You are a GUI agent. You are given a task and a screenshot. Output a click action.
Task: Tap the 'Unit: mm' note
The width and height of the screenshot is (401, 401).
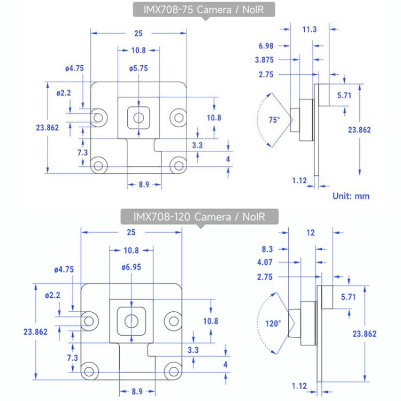click(351, 196)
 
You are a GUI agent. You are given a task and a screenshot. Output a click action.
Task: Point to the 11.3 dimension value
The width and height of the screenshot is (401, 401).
click(309, 30)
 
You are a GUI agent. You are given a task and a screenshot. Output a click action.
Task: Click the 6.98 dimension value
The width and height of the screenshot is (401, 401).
click(266, 45)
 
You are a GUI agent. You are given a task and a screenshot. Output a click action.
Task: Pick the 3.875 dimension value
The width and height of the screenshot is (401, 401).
click(266, 59)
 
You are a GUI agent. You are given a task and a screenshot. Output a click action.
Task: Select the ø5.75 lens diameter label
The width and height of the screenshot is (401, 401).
click(138, 69)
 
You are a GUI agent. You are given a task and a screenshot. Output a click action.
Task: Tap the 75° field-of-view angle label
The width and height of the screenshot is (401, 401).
click(274, 120)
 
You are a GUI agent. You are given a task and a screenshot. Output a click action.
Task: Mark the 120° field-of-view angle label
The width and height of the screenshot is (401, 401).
click(273, 323)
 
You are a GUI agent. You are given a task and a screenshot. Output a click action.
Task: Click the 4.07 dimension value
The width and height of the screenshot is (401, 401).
click(266, 263)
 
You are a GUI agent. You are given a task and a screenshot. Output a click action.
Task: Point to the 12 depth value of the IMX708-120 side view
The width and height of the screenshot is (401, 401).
click(311, 233)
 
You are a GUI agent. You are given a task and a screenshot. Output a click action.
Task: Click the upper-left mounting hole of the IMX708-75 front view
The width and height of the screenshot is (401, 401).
click(98, 116)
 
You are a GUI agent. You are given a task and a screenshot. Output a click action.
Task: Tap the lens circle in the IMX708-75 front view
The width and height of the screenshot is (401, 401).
click(138, 116)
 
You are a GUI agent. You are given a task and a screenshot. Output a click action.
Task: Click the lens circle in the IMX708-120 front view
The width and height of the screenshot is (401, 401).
click(131, 320)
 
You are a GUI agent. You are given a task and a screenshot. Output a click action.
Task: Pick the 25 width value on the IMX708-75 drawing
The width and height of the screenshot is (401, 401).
click(138, 33)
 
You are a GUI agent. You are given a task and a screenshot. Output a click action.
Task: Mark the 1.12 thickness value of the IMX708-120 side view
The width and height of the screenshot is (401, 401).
click(300, 385)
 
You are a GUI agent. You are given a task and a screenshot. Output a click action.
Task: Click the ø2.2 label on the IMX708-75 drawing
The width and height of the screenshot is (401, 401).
click(64, 93)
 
